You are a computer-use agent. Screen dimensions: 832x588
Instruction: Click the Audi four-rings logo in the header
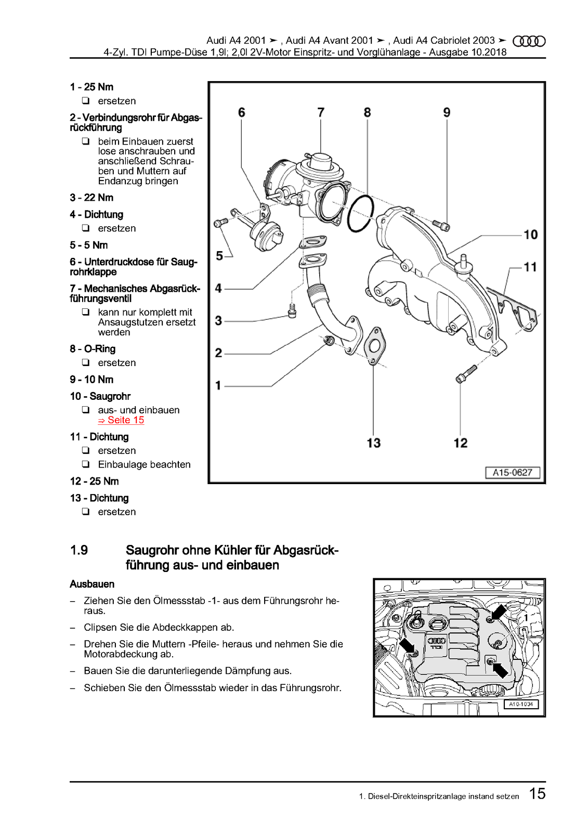[x=529, y=41]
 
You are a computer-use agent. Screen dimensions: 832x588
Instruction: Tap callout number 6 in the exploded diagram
[x=241, y=113]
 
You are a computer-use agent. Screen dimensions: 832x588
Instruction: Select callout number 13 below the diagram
[x=373, y=443]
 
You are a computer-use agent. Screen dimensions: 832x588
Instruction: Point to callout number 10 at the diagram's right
[x=530, y=235]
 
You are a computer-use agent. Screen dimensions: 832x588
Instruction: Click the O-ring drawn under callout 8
[x=360, y=214]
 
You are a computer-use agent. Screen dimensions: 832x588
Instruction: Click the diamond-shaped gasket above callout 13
[x=374, y=345]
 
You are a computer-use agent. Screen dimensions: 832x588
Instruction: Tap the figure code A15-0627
[x=512, y=473]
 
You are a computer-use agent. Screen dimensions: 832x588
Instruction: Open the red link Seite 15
[x=121, y=420]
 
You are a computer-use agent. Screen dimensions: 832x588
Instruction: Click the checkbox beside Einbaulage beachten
[x=86, y=464]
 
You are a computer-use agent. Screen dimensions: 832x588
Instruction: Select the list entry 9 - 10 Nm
[x=92, y=380]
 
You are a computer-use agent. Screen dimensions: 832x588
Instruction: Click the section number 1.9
[x=79, y=550]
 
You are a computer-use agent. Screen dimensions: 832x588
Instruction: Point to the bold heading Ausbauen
[x=92, y=584]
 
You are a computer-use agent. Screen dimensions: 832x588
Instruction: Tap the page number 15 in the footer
[x=537, y=794]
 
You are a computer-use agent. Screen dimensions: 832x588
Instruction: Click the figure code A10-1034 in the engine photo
[x=521, y=704]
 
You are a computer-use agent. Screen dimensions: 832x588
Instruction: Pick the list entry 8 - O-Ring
[x=93, y=349]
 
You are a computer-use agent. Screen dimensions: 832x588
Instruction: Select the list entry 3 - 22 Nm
[x=92, y=198]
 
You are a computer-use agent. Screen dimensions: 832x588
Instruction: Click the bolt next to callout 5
[x=220, y=223]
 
